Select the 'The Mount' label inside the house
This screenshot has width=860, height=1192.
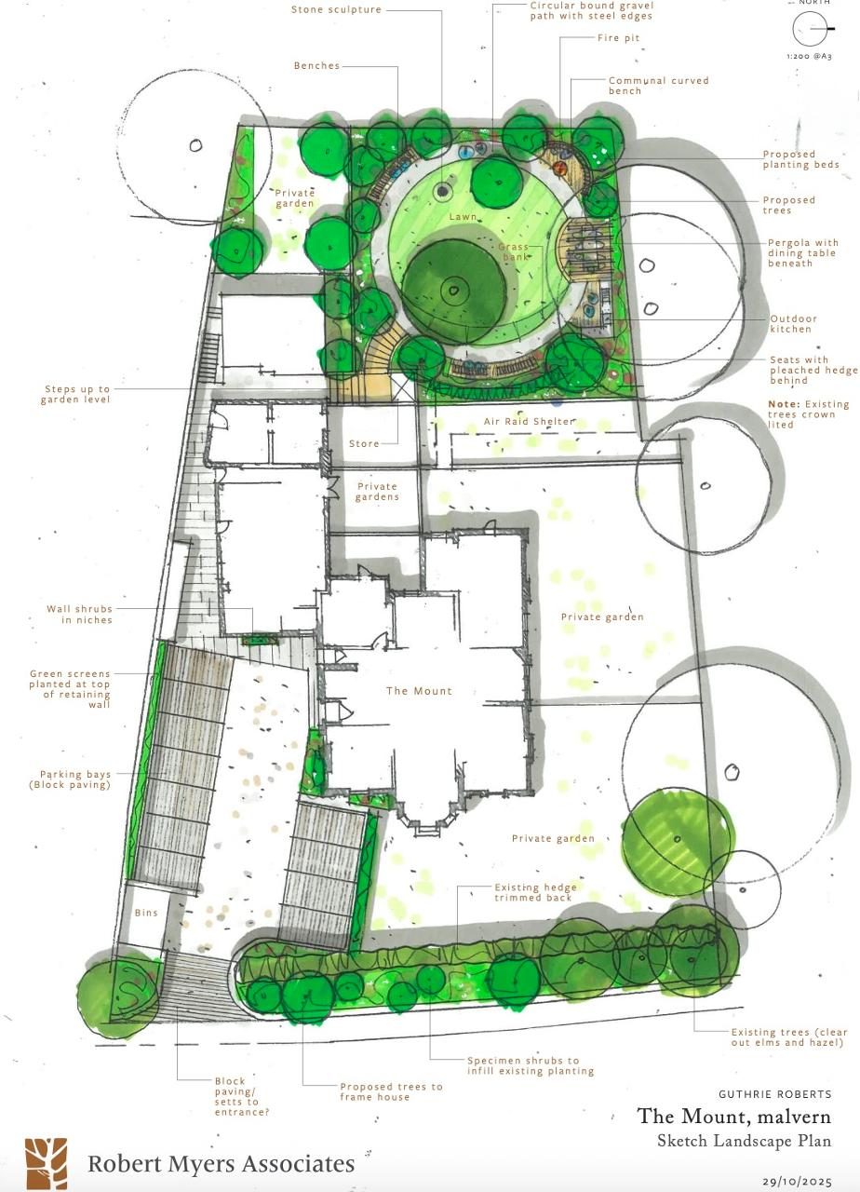click(x=419, y=691)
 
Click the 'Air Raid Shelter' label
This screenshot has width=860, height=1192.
click(x=530, y=422)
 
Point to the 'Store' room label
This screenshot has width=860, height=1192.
click(x=364, y=443)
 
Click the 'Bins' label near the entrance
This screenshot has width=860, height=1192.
click(x=147, y=914)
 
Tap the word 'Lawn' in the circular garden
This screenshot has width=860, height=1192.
click(x=464, y=217)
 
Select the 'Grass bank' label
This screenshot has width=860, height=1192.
click(x=516, y=252)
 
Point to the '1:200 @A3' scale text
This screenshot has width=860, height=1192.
click(x=809, y=57)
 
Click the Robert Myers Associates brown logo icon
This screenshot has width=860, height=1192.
click(x=46, y=1163)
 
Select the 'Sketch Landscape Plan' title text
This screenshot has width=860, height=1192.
click(x=744, y=1141)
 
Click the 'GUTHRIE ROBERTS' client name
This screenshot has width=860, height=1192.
click(x=774, y=1094)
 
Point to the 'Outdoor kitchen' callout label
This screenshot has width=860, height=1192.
click(x=792, y=323)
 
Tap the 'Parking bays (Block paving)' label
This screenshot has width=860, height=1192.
click(x=75, y=779)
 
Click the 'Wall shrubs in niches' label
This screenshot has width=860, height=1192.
click(x=79, y=615)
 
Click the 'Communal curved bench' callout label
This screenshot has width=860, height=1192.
click(x=658, y=86)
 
